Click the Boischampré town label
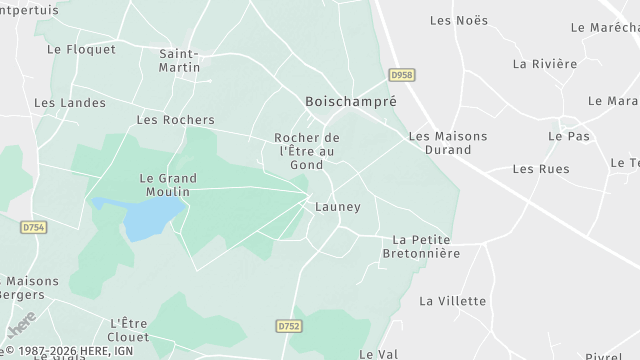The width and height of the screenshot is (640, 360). (350, 102)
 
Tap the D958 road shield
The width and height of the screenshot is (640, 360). (401, 74)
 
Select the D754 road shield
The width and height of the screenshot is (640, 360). (33, 228)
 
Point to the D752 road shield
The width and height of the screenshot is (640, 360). (288, 326)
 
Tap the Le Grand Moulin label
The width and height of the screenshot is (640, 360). (167, 185)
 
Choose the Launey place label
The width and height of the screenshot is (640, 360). (337, 207)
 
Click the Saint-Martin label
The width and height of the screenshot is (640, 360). (180, 60)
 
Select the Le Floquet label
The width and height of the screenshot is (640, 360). (81, 48)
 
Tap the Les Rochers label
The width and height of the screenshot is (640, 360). (175, 120)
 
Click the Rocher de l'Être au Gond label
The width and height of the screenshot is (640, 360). (307, 151)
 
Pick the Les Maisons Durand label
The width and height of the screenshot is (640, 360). (448, 143)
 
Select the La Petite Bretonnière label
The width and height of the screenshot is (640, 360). (421, 247)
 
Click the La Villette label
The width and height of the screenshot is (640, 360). (453, 300)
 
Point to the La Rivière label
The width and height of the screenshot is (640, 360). (545, 63)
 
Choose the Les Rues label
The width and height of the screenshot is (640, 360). (541, 168)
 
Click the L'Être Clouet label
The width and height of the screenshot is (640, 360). (128, 329)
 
